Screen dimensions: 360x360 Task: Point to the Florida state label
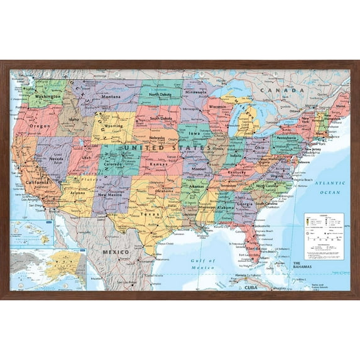pyautogui.click(x=253, y=248)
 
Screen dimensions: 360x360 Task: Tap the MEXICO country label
pyautogui.click(x=116, y=252)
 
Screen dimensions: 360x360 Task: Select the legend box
pyautogui.click(x=325, y=236)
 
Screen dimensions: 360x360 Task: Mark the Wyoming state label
pyautogui.click(x=114, y=126)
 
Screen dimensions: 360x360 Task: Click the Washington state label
pyautogui.click(x=48, y=97)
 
